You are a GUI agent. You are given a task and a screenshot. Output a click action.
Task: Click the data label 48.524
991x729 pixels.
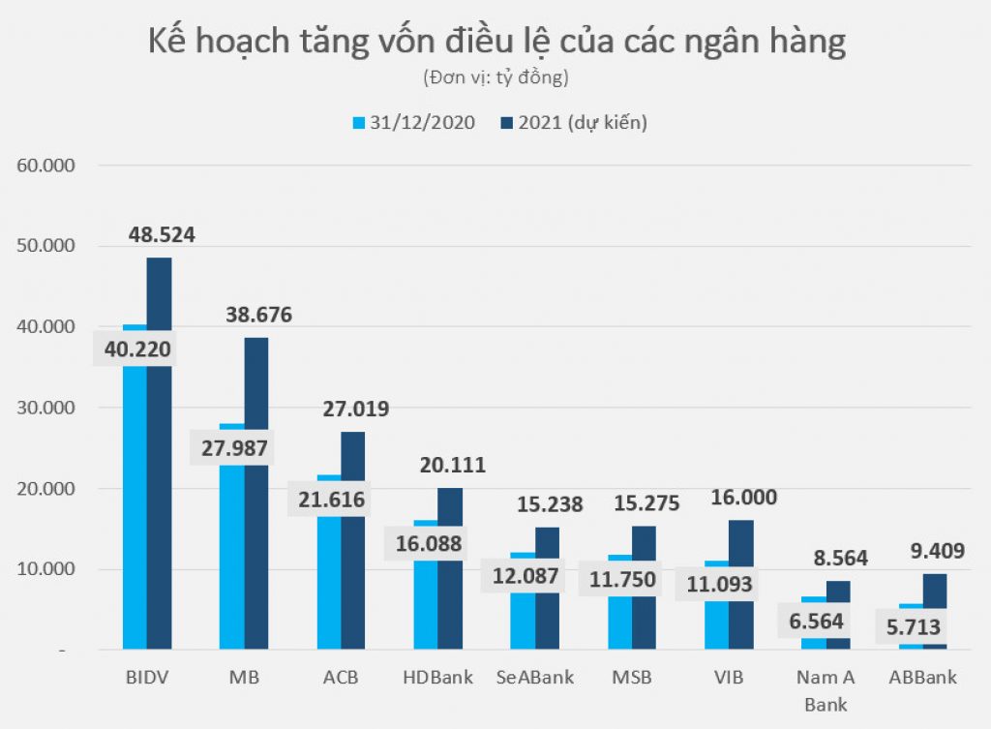click(162, 234)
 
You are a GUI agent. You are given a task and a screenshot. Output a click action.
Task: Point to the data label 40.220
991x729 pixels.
click(135, 349)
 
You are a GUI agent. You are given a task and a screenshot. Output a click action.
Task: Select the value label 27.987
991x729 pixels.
click(231, 448)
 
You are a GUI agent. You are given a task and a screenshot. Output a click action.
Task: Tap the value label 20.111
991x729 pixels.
click(452, 466)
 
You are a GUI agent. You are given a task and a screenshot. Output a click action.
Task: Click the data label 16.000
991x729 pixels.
click(743, 498)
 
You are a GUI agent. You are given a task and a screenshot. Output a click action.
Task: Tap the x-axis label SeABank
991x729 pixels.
click(535, 678)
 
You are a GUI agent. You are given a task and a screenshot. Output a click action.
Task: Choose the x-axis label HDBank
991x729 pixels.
click(437, 678)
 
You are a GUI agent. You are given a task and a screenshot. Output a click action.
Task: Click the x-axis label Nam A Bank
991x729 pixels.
click(826, 690)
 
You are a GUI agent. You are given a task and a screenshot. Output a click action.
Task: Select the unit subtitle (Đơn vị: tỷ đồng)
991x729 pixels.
click(495, 76)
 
